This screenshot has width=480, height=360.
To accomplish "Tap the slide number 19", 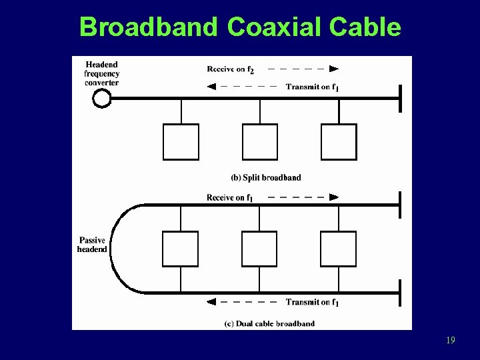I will coord(451,341).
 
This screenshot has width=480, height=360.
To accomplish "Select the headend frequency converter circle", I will coord(101,99).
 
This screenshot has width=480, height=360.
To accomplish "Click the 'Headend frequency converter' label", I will coord(101,73).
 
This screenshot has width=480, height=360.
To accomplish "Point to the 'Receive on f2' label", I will coord(230,69).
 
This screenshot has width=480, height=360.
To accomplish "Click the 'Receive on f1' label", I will coord(230,197).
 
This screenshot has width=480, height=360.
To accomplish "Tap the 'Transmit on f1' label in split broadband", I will coord(312,87).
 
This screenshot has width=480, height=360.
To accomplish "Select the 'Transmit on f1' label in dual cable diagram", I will coord(312,302).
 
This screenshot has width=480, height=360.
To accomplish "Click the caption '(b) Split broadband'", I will coord(265,177).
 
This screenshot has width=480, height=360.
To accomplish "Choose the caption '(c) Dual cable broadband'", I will coord(269,324).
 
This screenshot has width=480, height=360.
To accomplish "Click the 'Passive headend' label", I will coord(92,245).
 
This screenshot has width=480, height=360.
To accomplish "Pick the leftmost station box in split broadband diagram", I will coord(181,142).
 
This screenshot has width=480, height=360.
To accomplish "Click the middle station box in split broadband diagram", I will coord(259,142).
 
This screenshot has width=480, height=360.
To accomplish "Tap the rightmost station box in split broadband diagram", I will coord(339,142).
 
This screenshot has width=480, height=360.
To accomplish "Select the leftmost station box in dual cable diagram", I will coord(181,249).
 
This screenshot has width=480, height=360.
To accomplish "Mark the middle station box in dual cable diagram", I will coord(259,249).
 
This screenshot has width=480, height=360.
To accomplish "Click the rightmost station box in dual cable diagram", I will coord(339,249).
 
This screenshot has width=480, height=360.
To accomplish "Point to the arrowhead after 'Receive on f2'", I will coord(334,68).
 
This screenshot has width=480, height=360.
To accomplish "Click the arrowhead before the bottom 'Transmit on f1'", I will coord(211,302).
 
